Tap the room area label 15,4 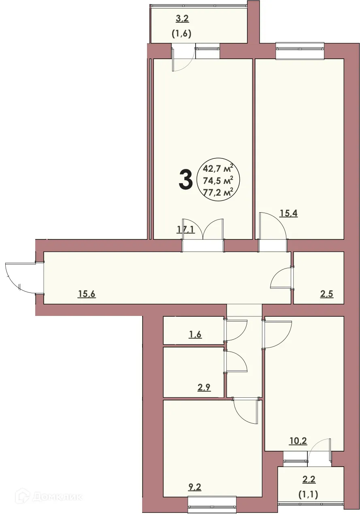289,214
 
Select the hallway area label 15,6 87,294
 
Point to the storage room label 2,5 327,294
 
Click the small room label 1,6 195,335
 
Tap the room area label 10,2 298,441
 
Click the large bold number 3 185,180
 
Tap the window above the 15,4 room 300,50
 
